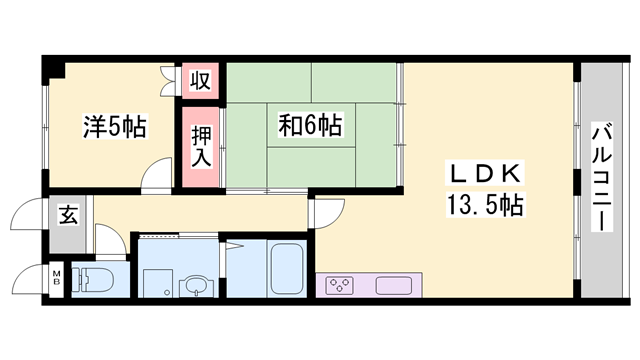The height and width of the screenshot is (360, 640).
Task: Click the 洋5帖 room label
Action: coord(115,127)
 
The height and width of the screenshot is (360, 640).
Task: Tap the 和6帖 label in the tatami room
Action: coord(311,125)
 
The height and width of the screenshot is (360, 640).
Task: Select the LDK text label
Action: coord(485,173)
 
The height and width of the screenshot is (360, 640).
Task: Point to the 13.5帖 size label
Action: coord(485,205)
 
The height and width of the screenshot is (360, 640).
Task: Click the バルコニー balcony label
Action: coord(602,176)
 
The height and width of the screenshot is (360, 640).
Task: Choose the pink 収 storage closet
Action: coord(200,81)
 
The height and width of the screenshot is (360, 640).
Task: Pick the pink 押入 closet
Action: coord(200,147)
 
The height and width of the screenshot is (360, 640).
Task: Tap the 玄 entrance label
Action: coord(68,215)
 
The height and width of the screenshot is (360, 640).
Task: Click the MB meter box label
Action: coord(57,278)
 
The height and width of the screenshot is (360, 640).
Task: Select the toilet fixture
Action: coord(93,280)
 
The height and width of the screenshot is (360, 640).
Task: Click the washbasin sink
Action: coord(197,286)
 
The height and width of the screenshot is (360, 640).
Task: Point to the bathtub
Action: coord(287,269)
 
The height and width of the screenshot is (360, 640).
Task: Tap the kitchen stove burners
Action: coord(340,285)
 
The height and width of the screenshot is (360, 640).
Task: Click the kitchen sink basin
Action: coord(394,285)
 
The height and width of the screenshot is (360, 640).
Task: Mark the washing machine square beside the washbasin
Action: coord(158,283)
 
